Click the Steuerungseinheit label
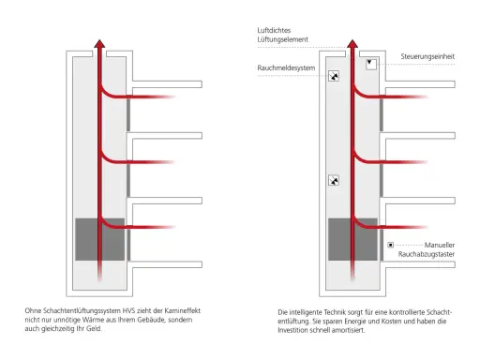(x=427, y=56)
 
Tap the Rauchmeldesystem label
(x=286, y=67)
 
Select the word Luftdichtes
(x=274, y=30)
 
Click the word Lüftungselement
(x=282, y=39)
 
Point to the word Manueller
(x=440, y=245)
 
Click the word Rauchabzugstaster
(x=427, y=254)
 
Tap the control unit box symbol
(x=371, y=64)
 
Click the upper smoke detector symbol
(x=334, y=76)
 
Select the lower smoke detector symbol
(x=334, y=180)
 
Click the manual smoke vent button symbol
(x=390, y=245)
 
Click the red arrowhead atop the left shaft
(x=99, y=44)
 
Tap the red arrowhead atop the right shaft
(x=352, y=44)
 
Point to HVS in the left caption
(x=128, y=311)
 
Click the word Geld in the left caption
(x=94, y=329)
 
